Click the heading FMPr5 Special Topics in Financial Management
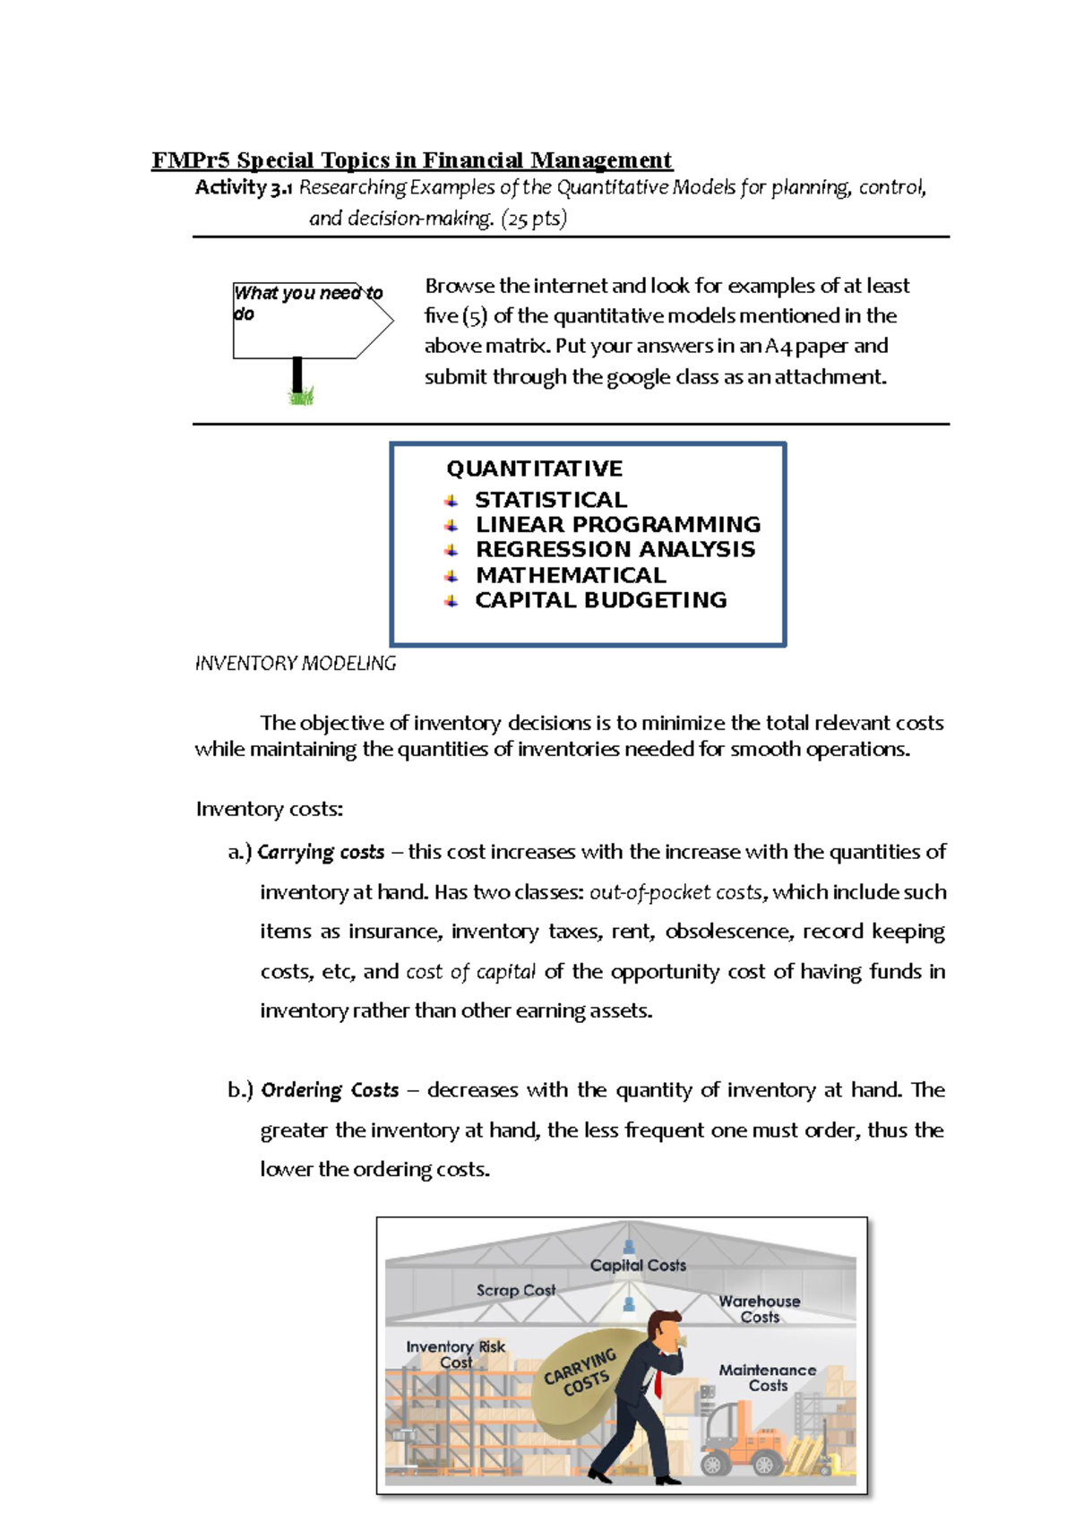coord(411,160)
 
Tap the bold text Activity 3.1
coord(244,188)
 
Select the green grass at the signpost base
coord(302,396)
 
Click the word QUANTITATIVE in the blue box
coord(534,468)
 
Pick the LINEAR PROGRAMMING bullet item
coord(617,525)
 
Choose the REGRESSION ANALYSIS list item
coord(615,550)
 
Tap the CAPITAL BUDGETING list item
coord(600,600)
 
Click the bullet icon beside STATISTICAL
coord(451,501)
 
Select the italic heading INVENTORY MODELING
coord(296,664)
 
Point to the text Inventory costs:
coord(270,810)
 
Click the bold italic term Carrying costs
coord(321,853)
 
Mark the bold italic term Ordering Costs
coord(330,1091)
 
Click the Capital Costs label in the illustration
coord(638,1266)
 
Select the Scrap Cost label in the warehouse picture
coord(516,1291)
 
